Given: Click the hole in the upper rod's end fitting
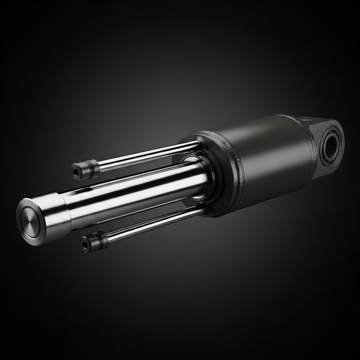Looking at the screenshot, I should click(75, 173).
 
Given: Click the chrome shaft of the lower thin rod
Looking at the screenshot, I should click(155, 225).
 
